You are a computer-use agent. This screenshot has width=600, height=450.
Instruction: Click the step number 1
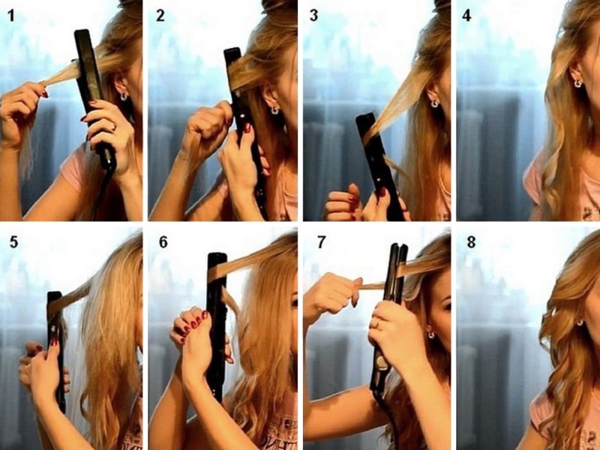(x=11, y=16)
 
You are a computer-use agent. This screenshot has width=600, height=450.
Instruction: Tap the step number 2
(x=160, y=16)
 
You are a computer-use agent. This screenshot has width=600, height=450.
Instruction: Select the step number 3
(x=313, y=16)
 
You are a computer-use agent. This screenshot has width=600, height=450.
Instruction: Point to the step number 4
(x=466, y=16)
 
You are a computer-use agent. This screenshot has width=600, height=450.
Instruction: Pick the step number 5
(x=13, y=242)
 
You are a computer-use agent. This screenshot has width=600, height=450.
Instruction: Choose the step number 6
(x=163, y=242)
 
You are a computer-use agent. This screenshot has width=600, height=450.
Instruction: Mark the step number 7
(x=322, y=242)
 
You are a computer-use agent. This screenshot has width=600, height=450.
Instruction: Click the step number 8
(x=471, y=242)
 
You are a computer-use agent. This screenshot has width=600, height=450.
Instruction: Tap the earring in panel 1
(x=124, y=96)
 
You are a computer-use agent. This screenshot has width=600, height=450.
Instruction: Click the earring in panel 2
(x=274, y=110)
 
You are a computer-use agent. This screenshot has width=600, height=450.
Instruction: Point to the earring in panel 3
(x=434, y=103)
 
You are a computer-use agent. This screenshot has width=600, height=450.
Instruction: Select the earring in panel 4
(x=577, y=82)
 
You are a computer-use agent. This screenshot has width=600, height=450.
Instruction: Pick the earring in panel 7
(x=431, y=334)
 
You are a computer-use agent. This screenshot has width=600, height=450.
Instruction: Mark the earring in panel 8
(x=580, y=322)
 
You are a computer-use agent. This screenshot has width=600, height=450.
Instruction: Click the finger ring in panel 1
(x=114, y=126)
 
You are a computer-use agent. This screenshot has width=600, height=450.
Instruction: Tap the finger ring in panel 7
(x=379, y=324)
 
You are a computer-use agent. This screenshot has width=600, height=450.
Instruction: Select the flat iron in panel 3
(x=379, y=166)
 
